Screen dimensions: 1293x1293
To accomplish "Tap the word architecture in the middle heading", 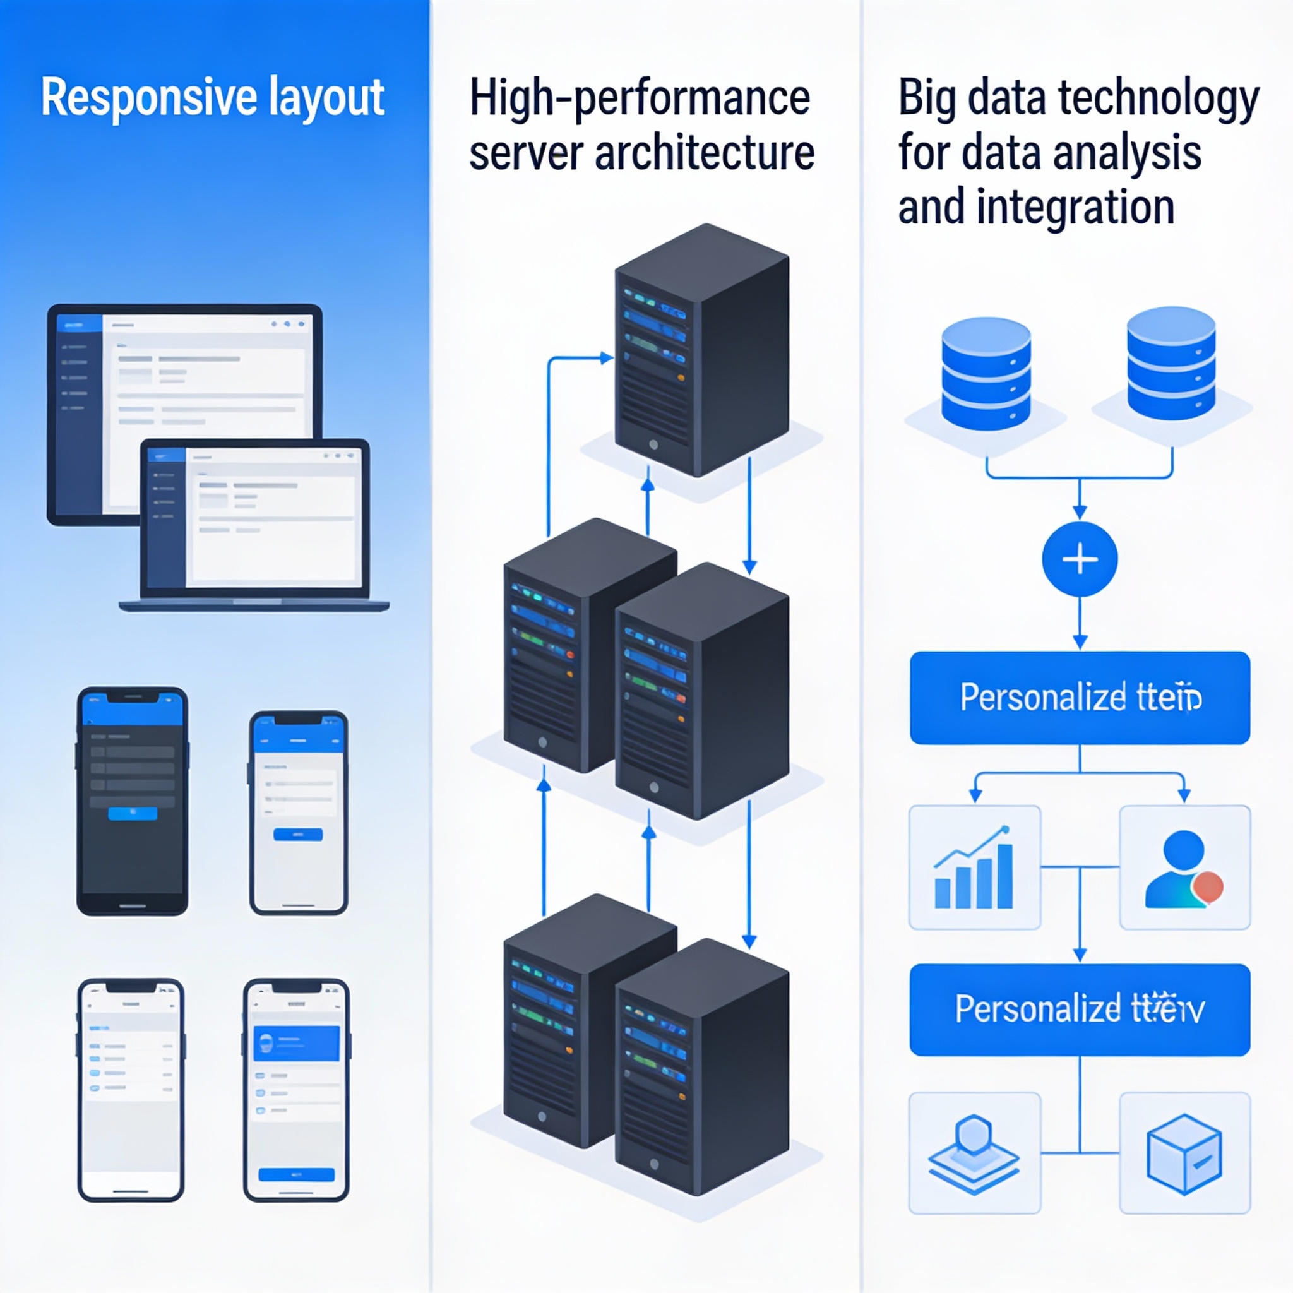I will [704, 153].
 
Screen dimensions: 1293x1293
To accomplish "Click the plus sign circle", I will [1080, 559].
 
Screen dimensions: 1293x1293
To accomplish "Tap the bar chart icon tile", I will [974, 867].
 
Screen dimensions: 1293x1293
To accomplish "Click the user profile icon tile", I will [1184, 867].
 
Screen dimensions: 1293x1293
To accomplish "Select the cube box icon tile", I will [1184, 1153].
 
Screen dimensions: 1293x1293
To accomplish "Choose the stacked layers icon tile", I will [974, 1153].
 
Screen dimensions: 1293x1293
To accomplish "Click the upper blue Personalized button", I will [1080, 698].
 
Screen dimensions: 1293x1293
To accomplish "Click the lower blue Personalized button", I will [1080, 1010].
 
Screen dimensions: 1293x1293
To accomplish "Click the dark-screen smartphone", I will [133, 801].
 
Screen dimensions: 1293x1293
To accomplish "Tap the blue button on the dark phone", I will [133, 813].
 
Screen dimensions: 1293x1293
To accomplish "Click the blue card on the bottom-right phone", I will [296, 1043].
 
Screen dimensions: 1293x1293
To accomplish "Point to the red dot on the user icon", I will [1208, 888].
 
